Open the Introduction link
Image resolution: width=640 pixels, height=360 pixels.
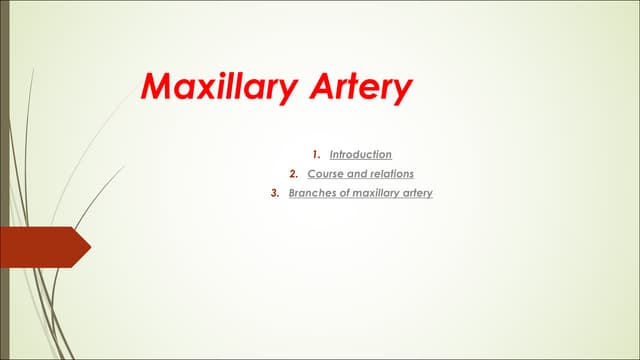(x=361, y=155)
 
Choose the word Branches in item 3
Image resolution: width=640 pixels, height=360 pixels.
(x=311, y=193)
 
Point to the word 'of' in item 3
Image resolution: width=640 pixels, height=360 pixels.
(x=341, y=193)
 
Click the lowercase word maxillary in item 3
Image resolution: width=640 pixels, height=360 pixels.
(x=375, y=193)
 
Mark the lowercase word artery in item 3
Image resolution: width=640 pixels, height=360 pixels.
(x=418, y=193)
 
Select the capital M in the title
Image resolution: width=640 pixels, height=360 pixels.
(x=158, y=87)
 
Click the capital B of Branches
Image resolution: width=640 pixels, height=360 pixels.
(x=292, y=193)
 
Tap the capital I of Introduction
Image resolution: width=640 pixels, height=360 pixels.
(x=331, y=155)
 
